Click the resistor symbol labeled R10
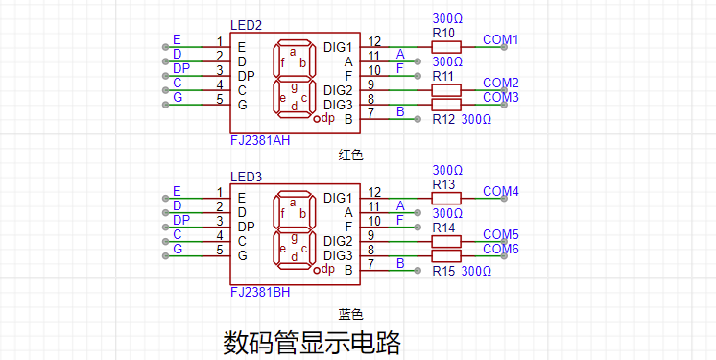(x=446, y=47)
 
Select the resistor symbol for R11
(x=446, y=90)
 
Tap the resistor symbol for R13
(x=446, y=198)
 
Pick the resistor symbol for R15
(x=446, y=255)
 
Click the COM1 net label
(x=500, y=39)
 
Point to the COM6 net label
(x=500, y=249)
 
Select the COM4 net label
(x=500, y=191)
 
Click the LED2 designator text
(x=247, y=25)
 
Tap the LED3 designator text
(x=247, y=177)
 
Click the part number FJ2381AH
(x=260, y=140)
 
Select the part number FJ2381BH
(x=260, y=292)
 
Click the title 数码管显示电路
(x=312, y=343)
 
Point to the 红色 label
(x=350, y=156)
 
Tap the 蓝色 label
(x=350, y=314)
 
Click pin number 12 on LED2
(x=374, y=41)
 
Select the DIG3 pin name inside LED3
(x=339, y=255)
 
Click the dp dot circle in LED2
(x=318, y=120)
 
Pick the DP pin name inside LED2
(x=247, y=76)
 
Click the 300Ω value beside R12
(x=476, y=120)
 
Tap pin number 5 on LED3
(x=220, y=250)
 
